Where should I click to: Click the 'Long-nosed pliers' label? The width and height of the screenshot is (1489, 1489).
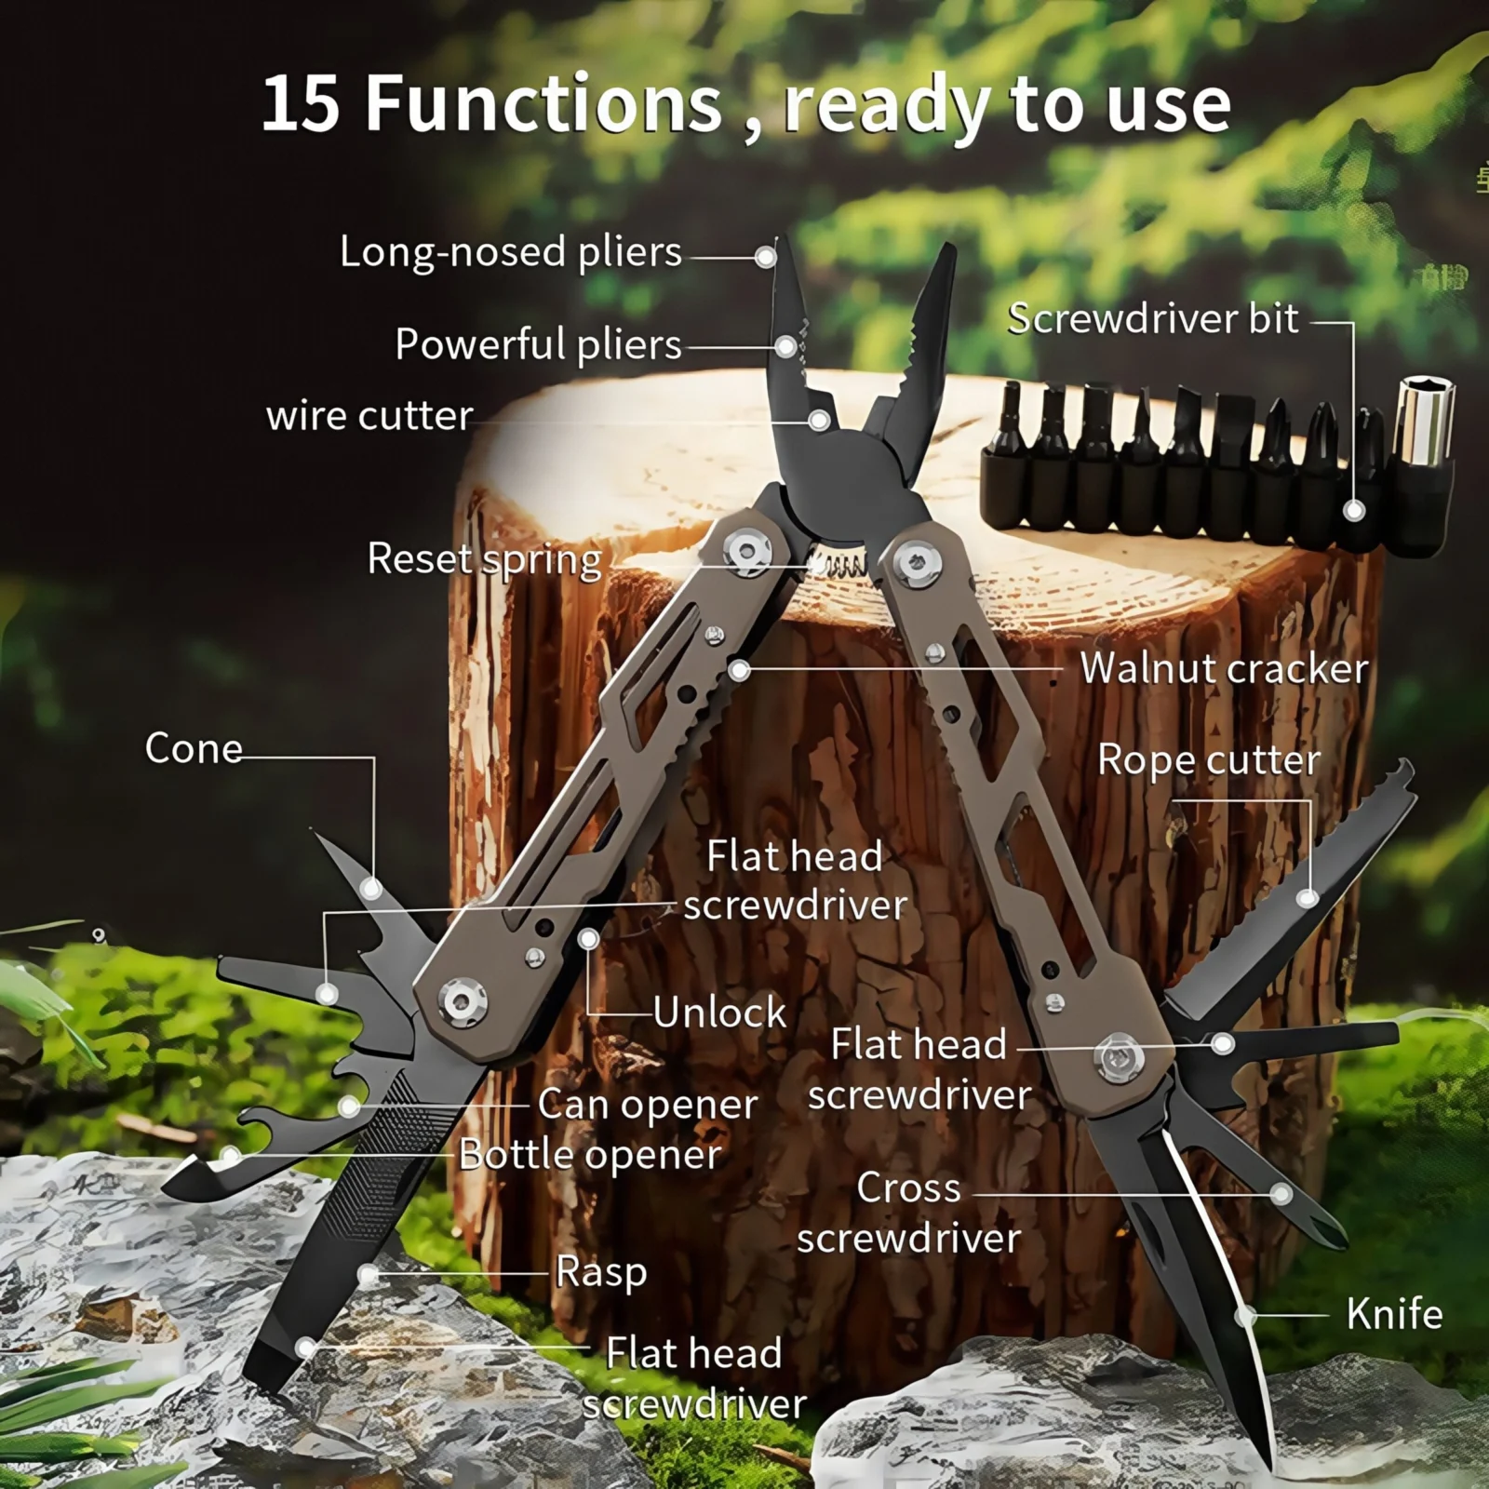pos(511,252)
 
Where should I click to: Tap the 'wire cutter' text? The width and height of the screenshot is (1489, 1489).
pos(369,415)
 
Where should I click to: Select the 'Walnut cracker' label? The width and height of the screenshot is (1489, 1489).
pos(1224,668)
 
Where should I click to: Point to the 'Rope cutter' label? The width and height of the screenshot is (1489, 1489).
pos(1209,759)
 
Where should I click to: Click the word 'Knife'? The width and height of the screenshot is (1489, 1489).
pos(1394,1314)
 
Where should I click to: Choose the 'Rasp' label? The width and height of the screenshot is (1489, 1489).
pos(601,1272)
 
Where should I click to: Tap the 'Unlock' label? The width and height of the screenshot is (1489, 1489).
pos(719,1013)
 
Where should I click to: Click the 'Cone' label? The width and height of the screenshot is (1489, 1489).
pos(194,748)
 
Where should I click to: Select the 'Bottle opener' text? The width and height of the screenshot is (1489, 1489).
pos(590,1155)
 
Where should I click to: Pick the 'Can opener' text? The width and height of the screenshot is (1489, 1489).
pos(648,1105)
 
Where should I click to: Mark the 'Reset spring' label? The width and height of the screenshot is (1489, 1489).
pos(485,559)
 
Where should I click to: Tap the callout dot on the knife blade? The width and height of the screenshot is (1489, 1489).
pos(1246,1316)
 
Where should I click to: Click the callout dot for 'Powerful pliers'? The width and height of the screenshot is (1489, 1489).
pos(786,347)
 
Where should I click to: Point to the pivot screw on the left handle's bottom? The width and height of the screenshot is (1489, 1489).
pos(462,1001)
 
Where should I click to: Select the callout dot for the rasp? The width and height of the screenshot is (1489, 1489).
pos(369,1275)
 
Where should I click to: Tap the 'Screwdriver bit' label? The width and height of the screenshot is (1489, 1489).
pos(1152,319)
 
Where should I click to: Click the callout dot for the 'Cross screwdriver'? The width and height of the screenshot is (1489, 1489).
pos(1281,1194)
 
